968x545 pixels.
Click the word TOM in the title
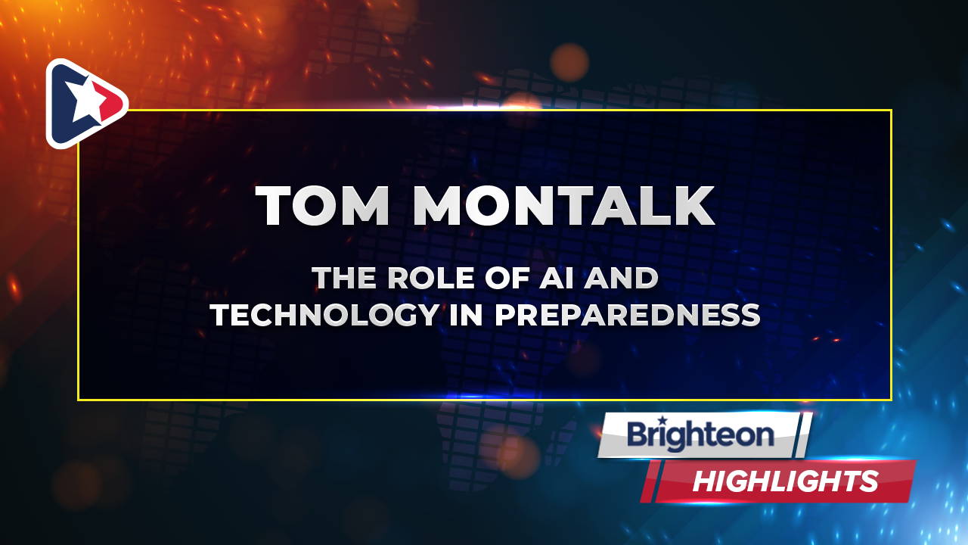(322, 205)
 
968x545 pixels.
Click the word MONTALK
(564, 205)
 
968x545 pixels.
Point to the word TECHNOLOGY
(325, 315)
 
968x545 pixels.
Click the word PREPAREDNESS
(628, 315)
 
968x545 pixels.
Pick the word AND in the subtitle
(621, 278)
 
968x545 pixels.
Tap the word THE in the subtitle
(344, 278)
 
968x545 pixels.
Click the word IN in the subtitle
(466, 315)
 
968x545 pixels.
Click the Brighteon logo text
(700, 434)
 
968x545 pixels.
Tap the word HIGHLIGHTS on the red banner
(786, 481)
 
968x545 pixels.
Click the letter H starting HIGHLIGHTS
(706, 481)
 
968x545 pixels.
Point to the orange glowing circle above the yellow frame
(569, 62)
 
